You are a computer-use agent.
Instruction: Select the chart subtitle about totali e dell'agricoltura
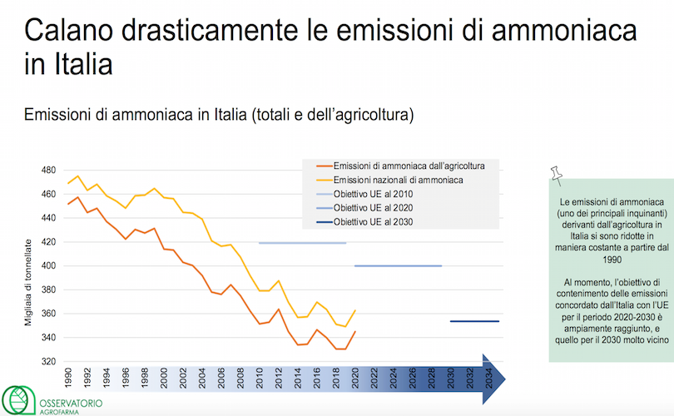(x=219, y=114)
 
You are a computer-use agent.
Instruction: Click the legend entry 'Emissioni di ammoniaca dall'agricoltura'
(x=409, y=166)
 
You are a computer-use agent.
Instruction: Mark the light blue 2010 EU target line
(x=302, y=243)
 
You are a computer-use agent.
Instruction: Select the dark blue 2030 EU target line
(x=474, y=321)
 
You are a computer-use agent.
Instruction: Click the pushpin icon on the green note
(x=557, y=175)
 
